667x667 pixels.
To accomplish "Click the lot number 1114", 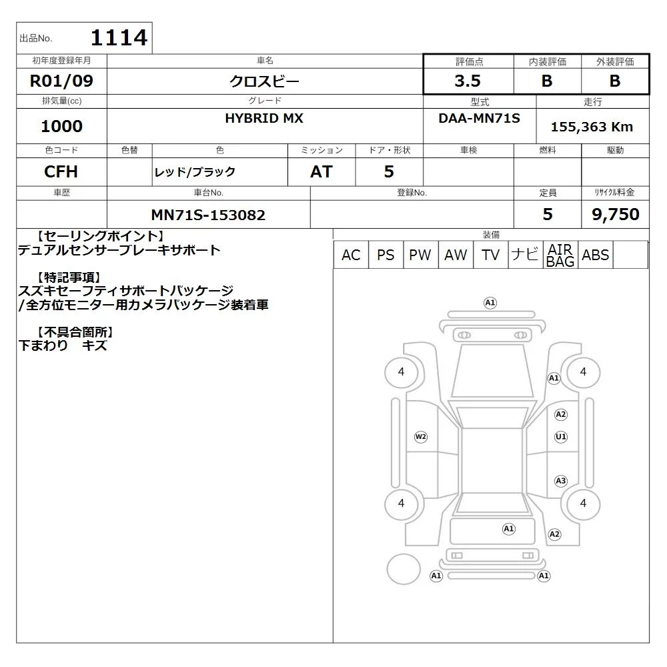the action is click(x=119, y=37).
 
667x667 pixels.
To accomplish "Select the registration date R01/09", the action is click(x=61, y=81).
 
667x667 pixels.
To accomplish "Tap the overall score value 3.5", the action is click(x=468, y=81).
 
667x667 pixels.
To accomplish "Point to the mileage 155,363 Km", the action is click(x=592, y=127).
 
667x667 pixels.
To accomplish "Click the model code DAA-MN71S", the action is click(x=479, y=118).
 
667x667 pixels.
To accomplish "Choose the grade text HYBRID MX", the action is click(x=264, y=118).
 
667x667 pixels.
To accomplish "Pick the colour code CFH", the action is click(x=61, y=172).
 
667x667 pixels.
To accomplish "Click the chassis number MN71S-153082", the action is click(x=208, y=215).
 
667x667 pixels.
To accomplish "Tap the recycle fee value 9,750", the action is click(x=616, y=214).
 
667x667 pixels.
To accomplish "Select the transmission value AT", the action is click(x=321, y=172).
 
